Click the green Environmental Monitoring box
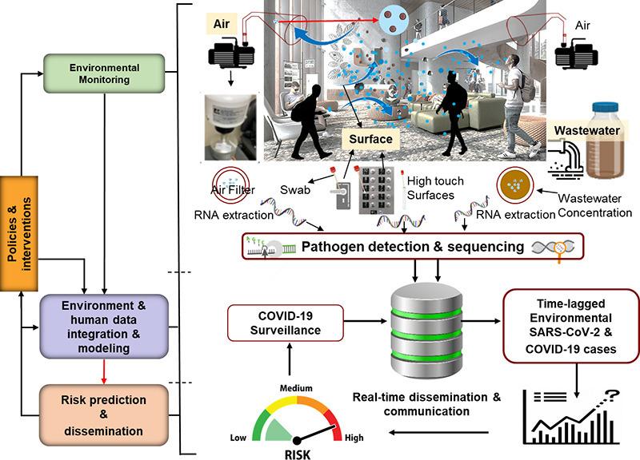pyautogui.click(x=104, y=73)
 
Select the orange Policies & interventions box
pyautogui.click(x=18, y=233)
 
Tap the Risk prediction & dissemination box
pyautogui.click(x=104, y=414)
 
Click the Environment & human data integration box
pyautogui.click(x=104, y=327)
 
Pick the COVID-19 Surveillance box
pyautogui.click(x=286, y=323)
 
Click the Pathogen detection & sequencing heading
pyautogui.click(x=413, y=247)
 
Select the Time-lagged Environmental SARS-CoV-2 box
pyautogui.click(x=571, y=326)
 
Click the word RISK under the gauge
pyautogui.click(x=297, y=454)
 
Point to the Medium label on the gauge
pyautogui.click(x=296, y=388)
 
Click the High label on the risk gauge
pyautogui.click(x=354, y=438)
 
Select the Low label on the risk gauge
pyautogui.click(x=238, y=438)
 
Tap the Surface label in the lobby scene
pyautogui.click(x=370, y=139)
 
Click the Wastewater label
pyautogui.click(x=586, y=130)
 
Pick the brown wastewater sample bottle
pyautogui.click(x=605, y=141)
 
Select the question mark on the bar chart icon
pyautogui.click(x=611, y=395)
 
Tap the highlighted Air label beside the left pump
pyautogui.click(x=222, y=24)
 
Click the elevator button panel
pyautogui.click(x=376, y=190)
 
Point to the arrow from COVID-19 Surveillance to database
pyautogui.click(x=366, y=321)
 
